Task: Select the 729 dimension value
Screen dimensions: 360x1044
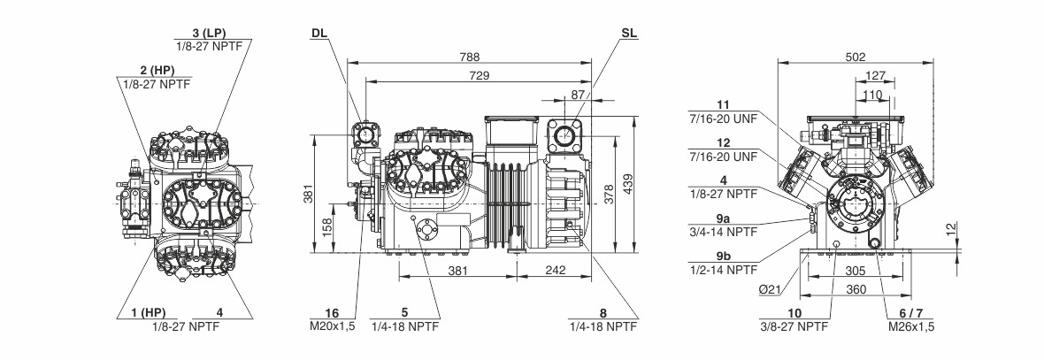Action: tap(479, 77)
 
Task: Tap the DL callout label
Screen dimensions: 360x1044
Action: tap(319, 34)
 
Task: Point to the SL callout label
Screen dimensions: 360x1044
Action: tap(628, 34)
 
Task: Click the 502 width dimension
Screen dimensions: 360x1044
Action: tap(855, 56)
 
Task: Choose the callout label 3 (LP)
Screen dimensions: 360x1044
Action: tap(209, 33)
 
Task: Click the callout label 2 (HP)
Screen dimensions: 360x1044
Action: tap(154, 70)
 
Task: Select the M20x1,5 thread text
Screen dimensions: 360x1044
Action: tap(332, 326)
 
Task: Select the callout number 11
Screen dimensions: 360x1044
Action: tap(722, 103)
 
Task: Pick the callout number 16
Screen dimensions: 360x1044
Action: tap(332, 312)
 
